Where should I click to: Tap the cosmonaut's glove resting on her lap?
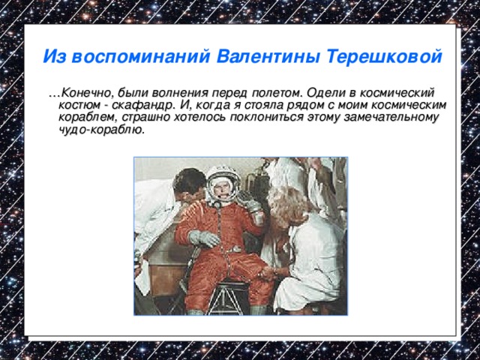click(x=204, y=238)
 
